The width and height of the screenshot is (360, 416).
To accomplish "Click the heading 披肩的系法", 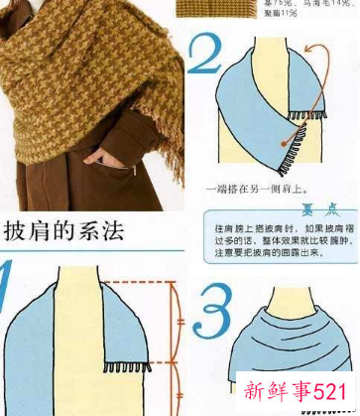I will tap(61, 233).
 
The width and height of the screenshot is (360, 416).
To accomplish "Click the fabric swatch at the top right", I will tap(212, 9).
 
